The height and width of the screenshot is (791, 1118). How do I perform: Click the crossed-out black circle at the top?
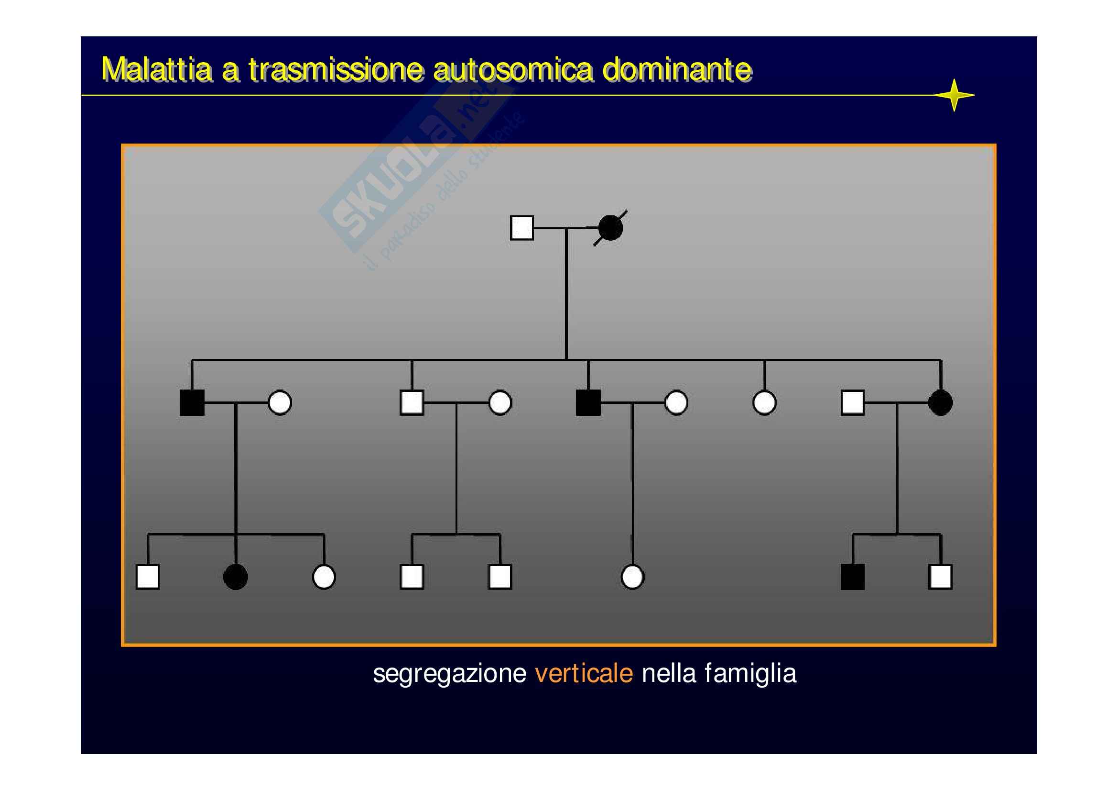tap(610, 228)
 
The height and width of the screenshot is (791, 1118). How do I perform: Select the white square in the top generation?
tap(521, 228)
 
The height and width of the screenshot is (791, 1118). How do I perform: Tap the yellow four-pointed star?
tap(954, 95)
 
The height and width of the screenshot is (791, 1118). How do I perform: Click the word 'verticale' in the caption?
tap(584, 674)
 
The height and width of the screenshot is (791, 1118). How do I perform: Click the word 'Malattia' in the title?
tap(156, 70)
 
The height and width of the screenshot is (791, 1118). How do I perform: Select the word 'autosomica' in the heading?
tap(513, 70)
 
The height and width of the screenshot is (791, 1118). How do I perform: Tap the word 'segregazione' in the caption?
tap(449, 675)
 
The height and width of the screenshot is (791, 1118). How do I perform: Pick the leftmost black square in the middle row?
tap(192, 402)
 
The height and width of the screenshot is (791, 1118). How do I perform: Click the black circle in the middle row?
tap(940, 402)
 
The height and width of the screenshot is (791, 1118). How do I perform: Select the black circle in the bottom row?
tap(236, 577)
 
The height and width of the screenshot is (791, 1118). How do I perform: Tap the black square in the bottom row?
tap(852, 577)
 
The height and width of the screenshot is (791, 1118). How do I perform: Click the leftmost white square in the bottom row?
tap(148, 577)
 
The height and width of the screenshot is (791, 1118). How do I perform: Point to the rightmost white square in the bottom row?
tap(940, 577)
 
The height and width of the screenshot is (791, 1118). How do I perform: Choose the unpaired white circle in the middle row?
tap(764, 402)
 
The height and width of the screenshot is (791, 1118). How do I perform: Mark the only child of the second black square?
tap(632, 577)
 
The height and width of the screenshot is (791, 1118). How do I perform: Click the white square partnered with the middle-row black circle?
tap(852, 402)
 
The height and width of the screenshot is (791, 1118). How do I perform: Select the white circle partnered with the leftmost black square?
tap(280, 402)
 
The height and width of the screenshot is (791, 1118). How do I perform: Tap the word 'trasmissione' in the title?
tap(336, 70)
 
